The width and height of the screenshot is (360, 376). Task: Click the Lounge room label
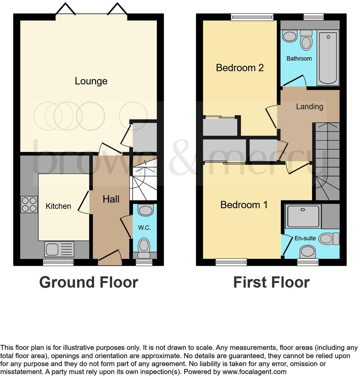[91, 81]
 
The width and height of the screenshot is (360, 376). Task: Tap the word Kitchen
[58, 206]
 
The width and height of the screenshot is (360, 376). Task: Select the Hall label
[111, 199]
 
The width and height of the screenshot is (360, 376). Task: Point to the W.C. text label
[144, 228]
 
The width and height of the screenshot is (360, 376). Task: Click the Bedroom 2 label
[240, 68]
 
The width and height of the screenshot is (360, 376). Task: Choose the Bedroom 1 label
[244, 205]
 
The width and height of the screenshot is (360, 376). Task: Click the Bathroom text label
[299, 59]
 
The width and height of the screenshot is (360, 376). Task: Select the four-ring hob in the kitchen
[29, 205]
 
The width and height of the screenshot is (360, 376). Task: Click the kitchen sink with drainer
[59, 249]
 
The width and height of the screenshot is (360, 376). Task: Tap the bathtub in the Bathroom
[328, 58]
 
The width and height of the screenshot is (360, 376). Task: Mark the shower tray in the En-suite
[303, 216]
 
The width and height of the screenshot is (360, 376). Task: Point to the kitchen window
[58, 262]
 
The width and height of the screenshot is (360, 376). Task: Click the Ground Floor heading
[88, 282]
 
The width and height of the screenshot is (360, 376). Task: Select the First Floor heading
[271, 282]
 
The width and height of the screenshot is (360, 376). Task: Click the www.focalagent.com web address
[254, 372]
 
